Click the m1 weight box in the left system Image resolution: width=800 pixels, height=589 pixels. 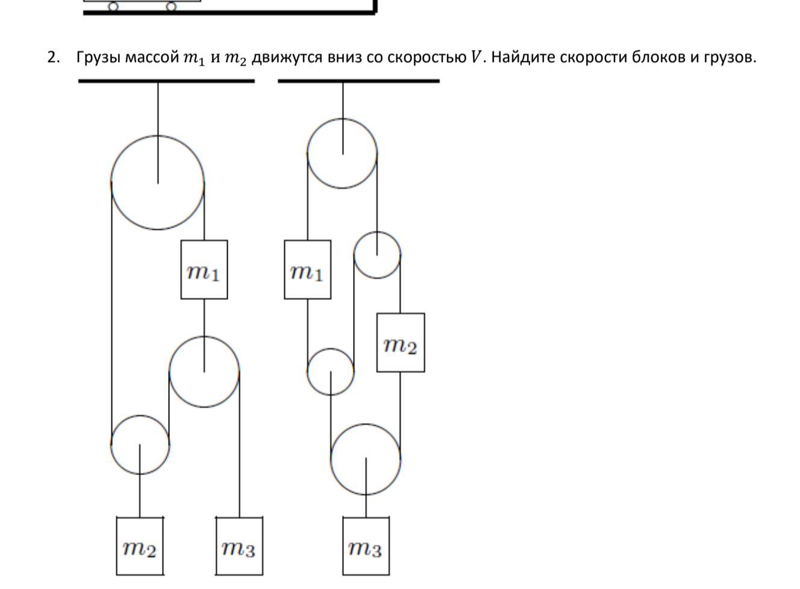click(x=204, y=270)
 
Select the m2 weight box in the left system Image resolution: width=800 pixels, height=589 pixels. click(x=140, y=546)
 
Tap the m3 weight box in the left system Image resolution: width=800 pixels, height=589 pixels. click(x=239, y=546)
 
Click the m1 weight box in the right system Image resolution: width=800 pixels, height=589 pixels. click(x=307, y=270)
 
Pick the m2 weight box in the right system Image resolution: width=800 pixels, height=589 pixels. click(x=401, y=342)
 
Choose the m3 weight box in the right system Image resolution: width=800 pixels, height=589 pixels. click(x=366, y=546)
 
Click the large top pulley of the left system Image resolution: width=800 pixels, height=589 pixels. click(x=158, y=182)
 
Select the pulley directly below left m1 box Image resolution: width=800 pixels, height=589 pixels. click(x=204, y=372)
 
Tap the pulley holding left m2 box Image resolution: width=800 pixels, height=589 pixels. click(x=140, y=444)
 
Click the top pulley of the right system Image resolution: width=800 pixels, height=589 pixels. click(x=342, y=154)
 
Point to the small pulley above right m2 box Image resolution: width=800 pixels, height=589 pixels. click(x=377, y=255)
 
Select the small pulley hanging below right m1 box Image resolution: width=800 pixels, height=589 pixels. click(x=330, y=372)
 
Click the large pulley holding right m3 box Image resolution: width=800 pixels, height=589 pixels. click(x=366, y=459)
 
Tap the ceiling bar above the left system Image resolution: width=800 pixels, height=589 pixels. click(x=166, y=80)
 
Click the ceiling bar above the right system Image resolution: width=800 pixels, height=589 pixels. click(x=358, y=80)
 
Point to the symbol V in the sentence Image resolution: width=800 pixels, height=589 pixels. click(x=476, y=57)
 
